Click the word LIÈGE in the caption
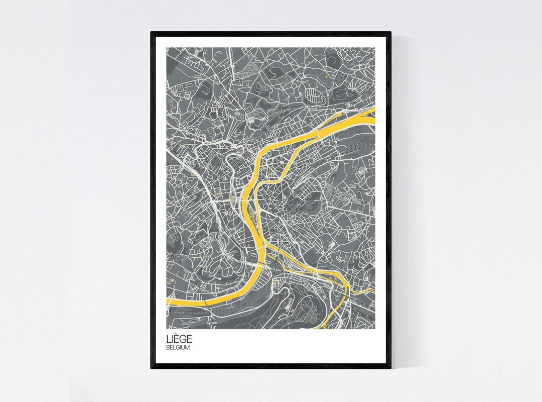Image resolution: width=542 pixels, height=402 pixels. (178, 340)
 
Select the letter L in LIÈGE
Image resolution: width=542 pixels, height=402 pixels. (169, 340)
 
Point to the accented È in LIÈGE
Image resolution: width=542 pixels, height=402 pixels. (177, 339)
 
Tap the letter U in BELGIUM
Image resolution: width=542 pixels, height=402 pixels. (184, 347)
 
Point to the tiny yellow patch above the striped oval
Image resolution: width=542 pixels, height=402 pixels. (327, 75)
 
